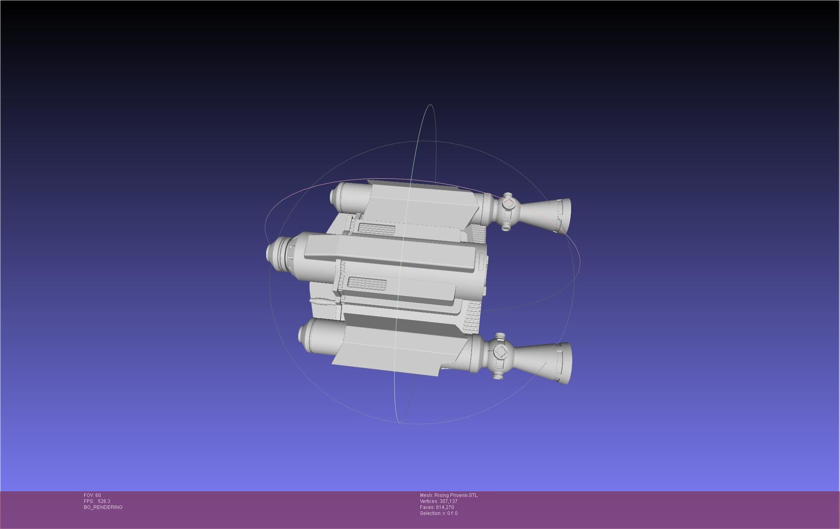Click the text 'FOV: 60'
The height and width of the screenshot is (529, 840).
pos(92,495)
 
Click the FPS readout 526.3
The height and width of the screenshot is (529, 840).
pos(103,501)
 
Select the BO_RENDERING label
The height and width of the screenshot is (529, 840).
pos(103,507)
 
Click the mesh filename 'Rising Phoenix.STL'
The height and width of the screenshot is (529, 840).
pos(456,495)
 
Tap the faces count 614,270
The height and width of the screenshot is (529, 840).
pos(445,507)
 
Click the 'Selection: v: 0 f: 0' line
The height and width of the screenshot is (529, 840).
pos(438,513)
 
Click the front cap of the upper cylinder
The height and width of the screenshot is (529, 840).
pos(333,196)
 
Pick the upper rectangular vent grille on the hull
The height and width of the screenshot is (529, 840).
pos(376,229)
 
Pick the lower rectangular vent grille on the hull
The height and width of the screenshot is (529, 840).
pos(366,283)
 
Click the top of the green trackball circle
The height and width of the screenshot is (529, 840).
pos(430,105)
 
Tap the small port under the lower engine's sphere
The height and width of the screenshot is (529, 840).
pos(498,376)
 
